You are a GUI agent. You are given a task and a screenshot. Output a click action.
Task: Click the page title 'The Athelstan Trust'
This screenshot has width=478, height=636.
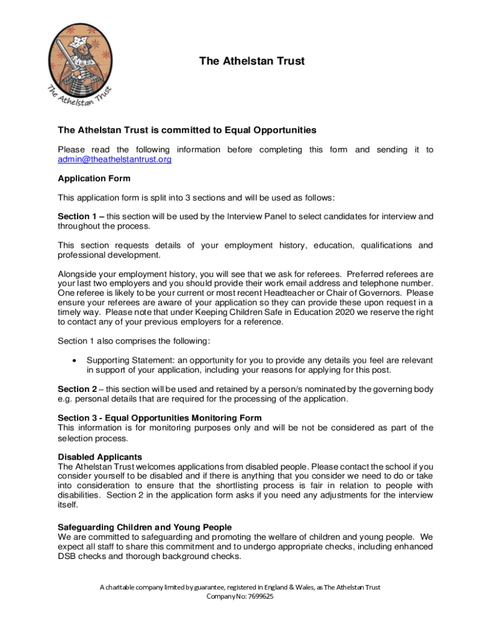tap(251, 61)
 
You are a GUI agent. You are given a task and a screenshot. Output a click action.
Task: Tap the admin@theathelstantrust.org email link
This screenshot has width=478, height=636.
tap(114, 160)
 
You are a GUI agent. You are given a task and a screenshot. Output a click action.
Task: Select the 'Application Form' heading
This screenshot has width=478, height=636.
tap(94, 178)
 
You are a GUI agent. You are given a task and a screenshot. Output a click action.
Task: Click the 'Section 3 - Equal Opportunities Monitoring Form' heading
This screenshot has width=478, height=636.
tap(160, 417)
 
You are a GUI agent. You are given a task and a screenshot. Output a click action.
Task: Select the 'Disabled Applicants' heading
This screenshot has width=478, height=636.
tap(100, 457)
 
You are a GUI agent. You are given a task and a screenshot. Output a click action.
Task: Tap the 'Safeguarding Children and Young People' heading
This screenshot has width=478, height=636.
tap(145, 527)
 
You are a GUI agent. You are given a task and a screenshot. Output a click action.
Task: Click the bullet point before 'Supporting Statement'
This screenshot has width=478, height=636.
tap(74, 360)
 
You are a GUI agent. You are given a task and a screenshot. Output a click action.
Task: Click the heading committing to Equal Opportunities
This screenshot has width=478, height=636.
tap(187, 130)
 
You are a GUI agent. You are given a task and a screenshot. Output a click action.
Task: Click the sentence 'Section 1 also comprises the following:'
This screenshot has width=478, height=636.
tap(134, 340)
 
